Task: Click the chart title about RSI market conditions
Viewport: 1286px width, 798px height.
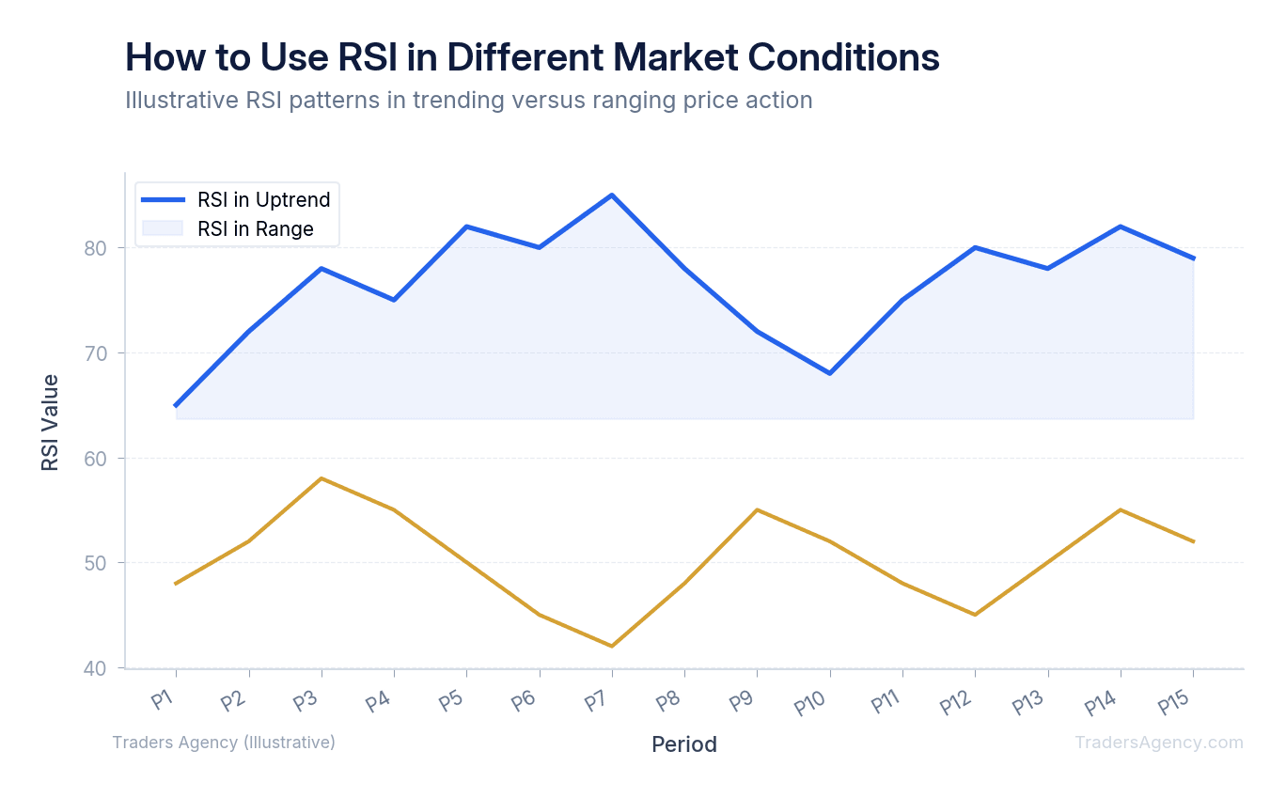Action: (532, 57)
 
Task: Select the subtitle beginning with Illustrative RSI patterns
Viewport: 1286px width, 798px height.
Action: (468, 100)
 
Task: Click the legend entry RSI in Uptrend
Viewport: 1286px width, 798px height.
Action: (263, 199)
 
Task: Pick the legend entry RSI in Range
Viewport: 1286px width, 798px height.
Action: (255, 228)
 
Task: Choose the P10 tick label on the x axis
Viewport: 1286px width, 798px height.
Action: (811, 703)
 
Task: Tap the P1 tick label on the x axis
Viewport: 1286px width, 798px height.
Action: (163, 699)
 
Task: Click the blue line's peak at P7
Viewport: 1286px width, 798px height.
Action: (612, 196)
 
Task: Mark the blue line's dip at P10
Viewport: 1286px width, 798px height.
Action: (830, 373)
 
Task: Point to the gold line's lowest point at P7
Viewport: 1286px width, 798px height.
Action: (612, 646)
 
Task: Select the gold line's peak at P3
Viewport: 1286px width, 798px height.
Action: (321, 478)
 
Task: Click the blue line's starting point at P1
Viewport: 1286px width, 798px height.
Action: (176, 405)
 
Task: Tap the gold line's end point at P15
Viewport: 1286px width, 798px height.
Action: (1193, 541)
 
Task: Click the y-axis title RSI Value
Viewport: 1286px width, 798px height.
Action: (50, 422)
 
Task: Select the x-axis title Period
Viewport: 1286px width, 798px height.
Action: (684, 744)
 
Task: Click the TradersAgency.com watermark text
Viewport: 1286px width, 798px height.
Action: (1158, 743)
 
